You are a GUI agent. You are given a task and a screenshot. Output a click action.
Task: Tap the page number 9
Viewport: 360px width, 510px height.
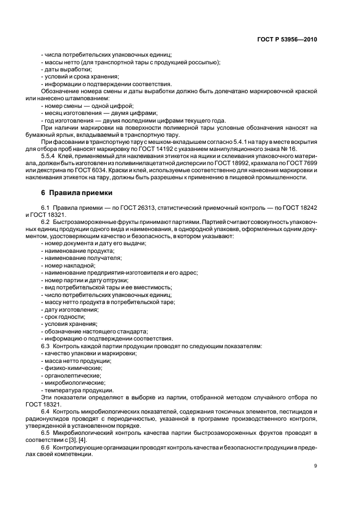point(315,465)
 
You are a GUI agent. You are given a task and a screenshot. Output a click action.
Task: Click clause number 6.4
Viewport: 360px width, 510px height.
point(46,412)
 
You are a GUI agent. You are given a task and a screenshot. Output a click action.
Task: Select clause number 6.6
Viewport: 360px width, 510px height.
point(46,447)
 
